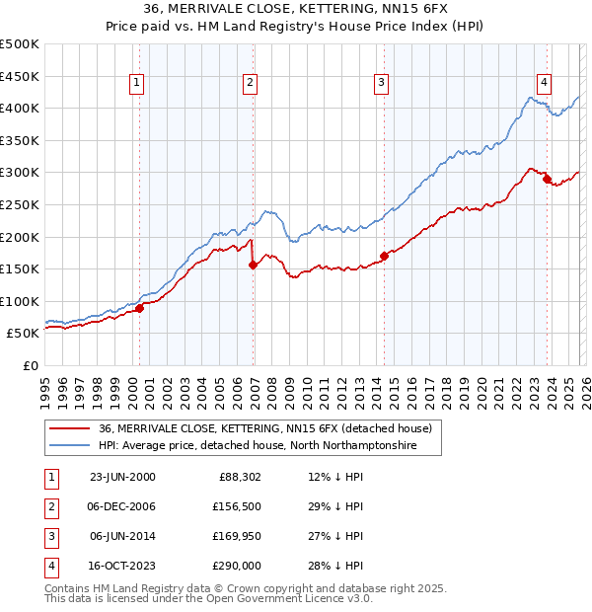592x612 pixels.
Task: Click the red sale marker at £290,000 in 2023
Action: point(547,180)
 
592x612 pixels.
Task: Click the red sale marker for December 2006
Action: point(253,265)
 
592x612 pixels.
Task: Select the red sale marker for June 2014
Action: point(384,257)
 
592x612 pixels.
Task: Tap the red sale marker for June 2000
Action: point(139,308)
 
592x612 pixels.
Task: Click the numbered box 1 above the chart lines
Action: point(136,84)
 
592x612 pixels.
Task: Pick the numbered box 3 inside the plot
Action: point(381,84)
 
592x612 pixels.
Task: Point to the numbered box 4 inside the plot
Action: point(544,84)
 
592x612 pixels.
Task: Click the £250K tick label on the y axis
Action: point(20,204)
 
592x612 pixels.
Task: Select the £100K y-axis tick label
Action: point(20,301)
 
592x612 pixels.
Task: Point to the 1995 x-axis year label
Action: point(44,385)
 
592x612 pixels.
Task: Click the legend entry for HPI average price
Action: point(258,446)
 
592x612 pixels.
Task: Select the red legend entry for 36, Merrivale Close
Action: point(264,429)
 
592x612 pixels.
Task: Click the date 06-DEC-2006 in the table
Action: point(122,506)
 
